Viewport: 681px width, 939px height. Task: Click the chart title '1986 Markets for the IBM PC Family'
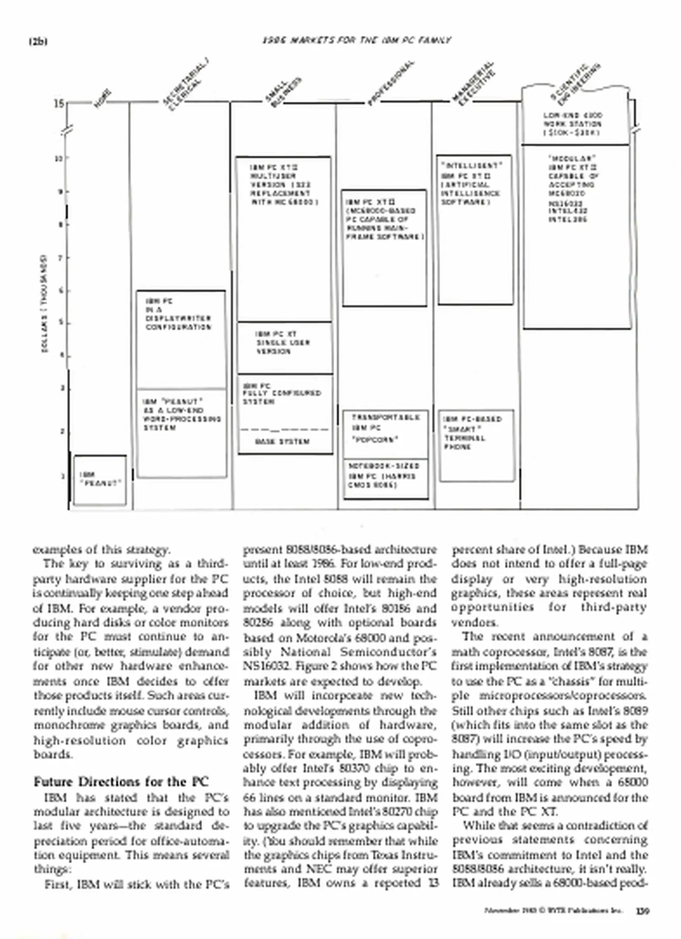click(x=356, y=40)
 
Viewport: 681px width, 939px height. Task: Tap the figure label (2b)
click(x=38, y=42)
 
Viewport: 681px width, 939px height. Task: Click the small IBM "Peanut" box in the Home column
click(x=100, y=480)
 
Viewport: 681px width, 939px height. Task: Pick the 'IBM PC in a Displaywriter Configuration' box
click(x=181, y=339)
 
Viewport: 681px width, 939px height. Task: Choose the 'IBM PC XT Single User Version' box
click(x=285, y=347)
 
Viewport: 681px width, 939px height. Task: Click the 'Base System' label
click(x=282, y=442)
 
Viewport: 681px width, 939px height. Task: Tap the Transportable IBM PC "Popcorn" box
click(x=386, y=434)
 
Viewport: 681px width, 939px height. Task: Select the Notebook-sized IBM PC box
click(x=386, y=479)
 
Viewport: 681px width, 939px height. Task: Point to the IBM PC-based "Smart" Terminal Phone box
click(x=476, y=446)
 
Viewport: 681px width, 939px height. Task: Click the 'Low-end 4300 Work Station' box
click(x=575, y=124)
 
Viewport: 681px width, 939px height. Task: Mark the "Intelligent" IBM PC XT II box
click(x=475, y=230)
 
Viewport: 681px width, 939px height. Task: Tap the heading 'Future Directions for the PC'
click(x=121, y=782)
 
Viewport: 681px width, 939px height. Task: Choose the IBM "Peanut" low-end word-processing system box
click(x=182, y=433)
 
